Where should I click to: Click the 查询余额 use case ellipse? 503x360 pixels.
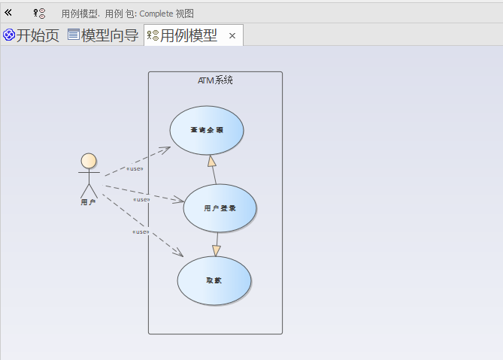(x=207, y=130)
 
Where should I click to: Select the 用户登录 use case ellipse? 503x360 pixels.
(x=220, y=207)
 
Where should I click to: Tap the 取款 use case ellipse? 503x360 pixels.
(x=214, y=280)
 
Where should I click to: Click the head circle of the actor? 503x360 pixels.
(x=89, y=161)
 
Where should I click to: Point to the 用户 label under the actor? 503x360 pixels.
(x=88, y=202)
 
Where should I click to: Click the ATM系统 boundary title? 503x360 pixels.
(x=215, y=80)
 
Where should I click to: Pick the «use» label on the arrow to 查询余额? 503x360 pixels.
(x=135, y=168)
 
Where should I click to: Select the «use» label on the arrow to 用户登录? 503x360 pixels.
(x=141, y=200)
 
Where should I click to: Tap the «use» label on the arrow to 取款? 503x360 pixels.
(x=141, y=231)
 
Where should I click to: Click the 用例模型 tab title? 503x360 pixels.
(x=189, y=35)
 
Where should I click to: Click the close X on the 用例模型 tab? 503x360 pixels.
(x=232, y=35)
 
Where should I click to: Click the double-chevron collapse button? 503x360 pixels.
(x=8, y=13)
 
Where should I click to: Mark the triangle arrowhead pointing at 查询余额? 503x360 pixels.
(x=212, y=161)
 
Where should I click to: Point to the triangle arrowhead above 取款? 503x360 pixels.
(x=217, y=250)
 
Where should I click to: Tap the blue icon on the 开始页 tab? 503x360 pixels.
(x=9, y=35)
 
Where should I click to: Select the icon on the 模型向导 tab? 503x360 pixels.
(x=73, y=35)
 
